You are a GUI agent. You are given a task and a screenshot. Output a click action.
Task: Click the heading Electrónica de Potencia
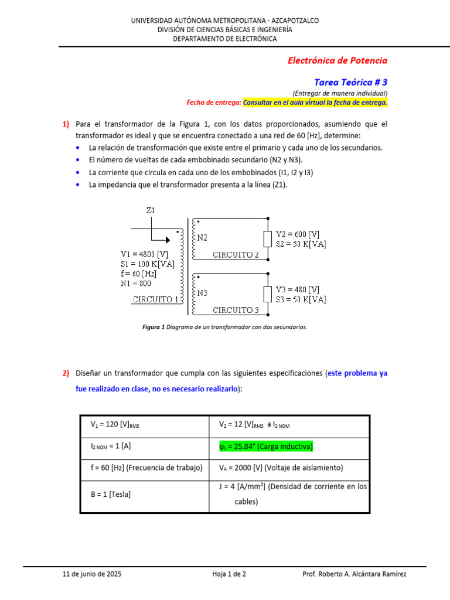pyautogui.click(x=337, y=60)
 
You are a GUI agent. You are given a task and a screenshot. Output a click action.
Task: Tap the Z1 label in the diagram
pyautogui.click(x=151, y=210)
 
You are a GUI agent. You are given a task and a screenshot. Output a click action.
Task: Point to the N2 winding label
pyautogui.click(x=202, y=238)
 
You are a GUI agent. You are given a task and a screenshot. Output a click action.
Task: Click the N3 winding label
pyautogui.click(x=202, y=293)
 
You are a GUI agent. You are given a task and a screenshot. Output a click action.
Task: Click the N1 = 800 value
pyautogui.click(x=136, y=283)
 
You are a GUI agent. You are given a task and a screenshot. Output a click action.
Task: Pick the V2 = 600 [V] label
pyautogui.click(x=298, y=234)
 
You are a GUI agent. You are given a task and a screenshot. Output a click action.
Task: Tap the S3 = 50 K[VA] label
pyautogui.click(x=301, y=299)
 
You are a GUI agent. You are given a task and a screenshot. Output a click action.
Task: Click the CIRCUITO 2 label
pyautogui.click(x=236, y=255)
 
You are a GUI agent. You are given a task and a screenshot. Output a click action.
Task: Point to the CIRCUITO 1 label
pyautogui.click(x=156, y=299)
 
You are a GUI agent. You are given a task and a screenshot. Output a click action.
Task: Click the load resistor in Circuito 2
pyautogui.click(x=267, y=239)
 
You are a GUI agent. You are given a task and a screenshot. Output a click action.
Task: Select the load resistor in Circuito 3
pyautogui.click(x=267, y=294)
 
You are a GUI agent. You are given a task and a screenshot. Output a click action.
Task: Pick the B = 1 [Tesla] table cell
pyautogui.click(x=111, y=494)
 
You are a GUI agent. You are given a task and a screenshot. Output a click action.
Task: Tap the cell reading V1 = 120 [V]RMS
pyautogui.click(x=115, y=425)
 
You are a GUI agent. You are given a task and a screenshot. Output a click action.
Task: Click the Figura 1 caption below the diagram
pyautogui.click(x=224, y=327)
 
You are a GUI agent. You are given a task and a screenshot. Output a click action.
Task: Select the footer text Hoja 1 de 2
pyautogui.click(x=229, y=574)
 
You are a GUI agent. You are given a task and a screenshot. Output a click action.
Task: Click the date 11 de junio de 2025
pyautogui.click(x=93, y=574)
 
